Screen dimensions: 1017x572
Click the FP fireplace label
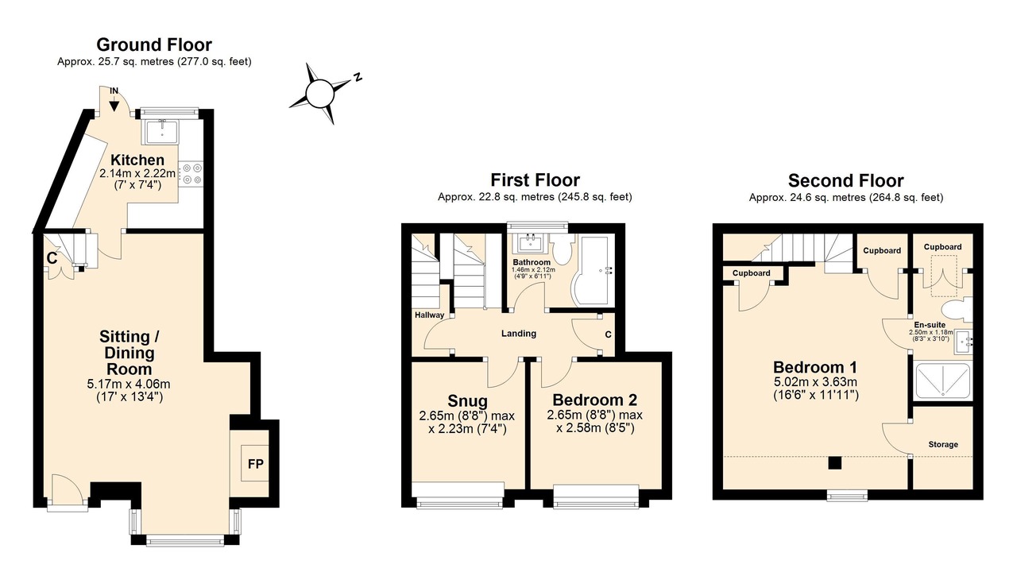tap(256, 464)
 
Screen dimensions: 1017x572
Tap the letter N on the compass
tap(358, 77)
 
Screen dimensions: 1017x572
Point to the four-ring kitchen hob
tap(191, 174)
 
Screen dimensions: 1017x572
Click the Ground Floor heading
tap(154, 44)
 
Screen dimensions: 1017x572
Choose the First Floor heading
tap(535, 180)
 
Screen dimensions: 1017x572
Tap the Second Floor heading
tap(846, 180)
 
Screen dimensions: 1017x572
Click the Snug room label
tap(468, 401)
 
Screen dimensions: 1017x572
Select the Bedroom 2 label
tap(595, 400)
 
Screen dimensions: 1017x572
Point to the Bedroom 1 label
tap(815, 367)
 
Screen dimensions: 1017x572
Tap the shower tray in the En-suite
tap(942, 381)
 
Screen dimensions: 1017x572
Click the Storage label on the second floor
tap(943, 444)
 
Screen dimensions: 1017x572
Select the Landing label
tap(519, 334)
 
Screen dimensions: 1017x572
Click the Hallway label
tap(429, 315)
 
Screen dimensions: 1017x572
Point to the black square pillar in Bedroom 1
tap(834, 462)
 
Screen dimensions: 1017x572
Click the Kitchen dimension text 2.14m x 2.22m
tap(137, 173)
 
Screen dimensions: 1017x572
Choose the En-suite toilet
tap(956, 310)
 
